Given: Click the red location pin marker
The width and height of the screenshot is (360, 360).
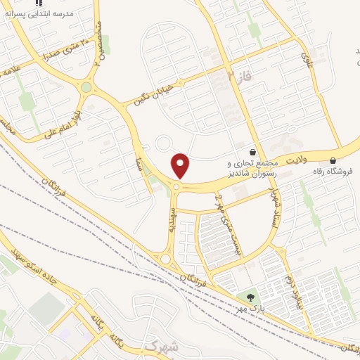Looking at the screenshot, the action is click(x=181, y=166).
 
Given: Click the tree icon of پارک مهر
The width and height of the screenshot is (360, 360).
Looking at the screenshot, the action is click(x=250, y=298).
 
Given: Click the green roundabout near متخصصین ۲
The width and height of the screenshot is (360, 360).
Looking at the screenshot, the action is click(x=86, y=87).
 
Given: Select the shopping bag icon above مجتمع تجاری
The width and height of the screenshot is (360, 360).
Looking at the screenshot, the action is click(x=252, y=151).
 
